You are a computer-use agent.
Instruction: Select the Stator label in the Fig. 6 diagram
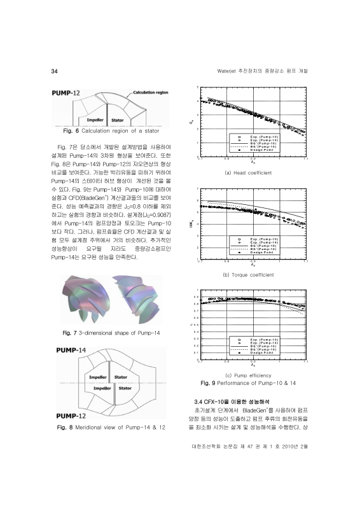pyautogui.click(x=117, y=119)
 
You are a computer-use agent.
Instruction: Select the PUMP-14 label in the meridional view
pyautogui.click(x=71, y=351)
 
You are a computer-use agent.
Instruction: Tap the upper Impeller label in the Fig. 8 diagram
pyautogui.click(x=95, y=377)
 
